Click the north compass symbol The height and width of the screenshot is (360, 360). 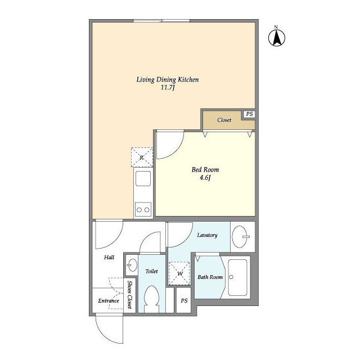[277, 36]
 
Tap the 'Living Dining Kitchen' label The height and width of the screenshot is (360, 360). [168, 80]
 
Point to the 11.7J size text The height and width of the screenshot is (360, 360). [168, 88]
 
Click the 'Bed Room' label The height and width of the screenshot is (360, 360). [205, 170]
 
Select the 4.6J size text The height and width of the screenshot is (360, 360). [205, 178]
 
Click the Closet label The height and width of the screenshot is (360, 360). [224, 120]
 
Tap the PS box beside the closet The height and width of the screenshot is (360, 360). [249, 114]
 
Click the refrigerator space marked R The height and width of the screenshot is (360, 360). [142, 157]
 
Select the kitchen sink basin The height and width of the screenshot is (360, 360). [143, 178]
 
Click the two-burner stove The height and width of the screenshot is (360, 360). [143, 209]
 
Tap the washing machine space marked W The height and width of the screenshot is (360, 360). [179, 273]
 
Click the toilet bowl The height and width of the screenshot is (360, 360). [151, 297]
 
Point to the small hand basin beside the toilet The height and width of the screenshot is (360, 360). [132, 265]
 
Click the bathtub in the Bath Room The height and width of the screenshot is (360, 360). [237, 277]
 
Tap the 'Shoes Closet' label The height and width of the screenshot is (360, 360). [130, 295]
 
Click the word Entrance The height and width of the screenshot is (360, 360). [109, 301]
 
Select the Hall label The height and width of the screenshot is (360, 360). [109, 258]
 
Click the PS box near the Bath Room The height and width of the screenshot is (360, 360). [184, 300]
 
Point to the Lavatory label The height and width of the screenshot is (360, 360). [208, 235]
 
